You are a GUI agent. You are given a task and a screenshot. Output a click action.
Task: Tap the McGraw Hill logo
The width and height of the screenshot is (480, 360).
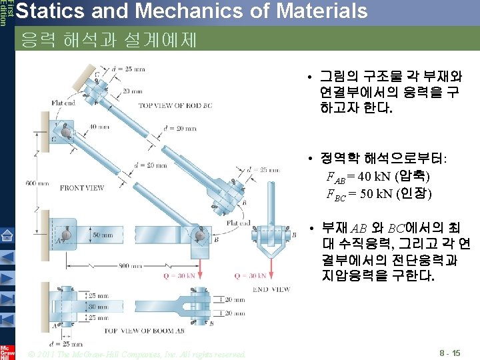pyautogui.click(x=7, y=351)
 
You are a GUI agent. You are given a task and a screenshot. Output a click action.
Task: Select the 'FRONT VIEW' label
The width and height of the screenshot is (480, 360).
pyautogui.click(x=81, y=188)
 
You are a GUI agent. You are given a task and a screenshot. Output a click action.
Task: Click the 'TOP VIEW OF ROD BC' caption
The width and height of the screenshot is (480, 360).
pyautogui.click(x=175, y=105)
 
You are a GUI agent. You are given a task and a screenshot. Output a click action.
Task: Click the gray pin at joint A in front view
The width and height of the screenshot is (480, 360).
pyautogui.click(x=65, y=235)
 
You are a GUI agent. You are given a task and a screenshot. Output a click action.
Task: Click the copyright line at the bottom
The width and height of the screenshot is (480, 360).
pyautogui.click(x=137, y=353)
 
